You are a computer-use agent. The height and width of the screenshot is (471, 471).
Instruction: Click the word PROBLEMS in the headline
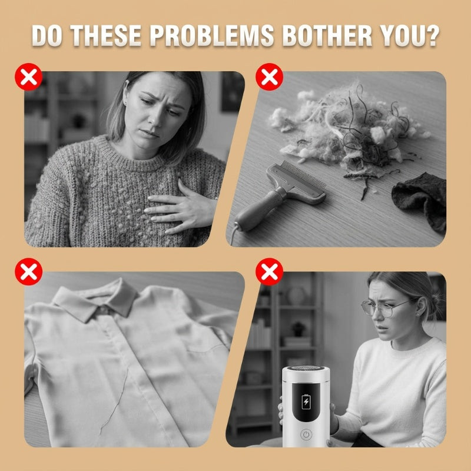click(x=212, y=35)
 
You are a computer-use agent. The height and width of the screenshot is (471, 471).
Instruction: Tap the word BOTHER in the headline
click(x=327, y=35)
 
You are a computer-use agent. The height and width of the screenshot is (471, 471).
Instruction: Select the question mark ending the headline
click(x=432, y=35)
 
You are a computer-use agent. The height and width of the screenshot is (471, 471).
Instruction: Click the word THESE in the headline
click(x=106, y=35)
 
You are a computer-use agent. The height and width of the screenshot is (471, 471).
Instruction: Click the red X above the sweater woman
click(x=28, y=77)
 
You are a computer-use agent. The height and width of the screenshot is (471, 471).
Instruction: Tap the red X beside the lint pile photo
click(x=270, y=77)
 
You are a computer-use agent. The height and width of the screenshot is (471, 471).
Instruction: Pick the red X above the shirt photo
click(x=28, y=271)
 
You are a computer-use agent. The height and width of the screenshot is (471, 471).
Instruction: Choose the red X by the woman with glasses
click(x=270, y=271)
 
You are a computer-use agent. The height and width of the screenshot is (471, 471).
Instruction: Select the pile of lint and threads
click(x=349, y=129)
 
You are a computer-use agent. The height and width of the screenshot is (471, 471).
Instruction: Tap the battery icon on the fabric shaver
click(x=306, y=402)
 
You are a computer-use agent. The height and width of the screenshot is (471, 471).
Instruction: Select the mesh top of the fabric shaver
click(x=306, y=369)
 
